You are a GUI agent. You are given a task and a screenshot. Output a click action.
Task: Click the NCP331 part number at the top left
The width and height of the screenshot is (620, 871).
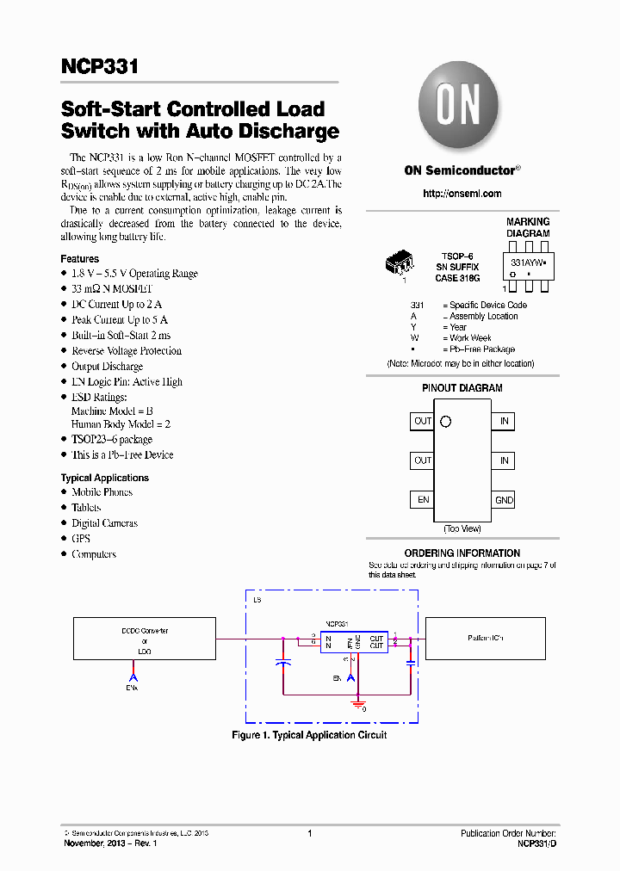tap(100, 67)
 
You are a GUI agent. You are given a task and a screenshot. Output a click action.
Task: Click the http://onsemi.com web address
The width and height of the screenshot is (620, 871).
tap(462, 194)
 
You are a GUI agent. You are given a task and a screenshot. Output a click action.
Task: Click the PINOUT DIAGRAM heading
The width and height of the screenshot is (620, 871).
tap(462, 388)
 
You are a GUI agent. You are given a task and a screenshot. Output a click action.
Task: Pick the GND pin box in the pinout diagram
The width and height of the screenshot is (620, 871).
tap(504, 500)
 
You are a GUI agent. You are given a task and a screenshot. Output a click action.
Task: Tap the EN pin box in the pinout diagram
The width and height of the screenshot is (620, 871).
tap(423, 499)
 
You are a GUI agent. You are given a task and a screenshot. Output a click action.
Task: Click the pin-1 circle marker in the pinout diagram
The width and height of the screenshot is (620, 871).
tap(445, 422)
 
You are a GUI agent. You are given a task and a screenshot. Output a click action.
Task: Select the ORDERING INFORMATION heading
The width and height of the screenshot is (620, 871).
tap(462, 553)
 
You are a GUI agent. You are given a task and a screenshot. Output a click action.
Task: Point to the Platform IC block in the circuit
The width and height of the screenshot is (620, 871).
tap(486, 639)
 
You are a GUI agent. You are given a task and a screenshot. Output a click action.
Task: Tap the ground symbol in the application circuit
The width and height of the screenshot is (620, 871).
tap(356, 704)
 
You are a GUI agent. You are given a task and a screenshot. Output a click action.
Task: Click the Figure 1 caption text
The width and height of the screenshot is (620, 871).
tap(309, 735)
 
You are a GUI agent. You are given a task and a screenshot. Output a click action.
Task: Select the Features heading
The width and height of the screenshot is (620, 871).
tap(80, 259)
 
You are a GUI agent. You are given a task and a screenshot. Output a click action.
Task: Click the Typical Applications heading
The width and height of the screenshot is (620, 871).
tap(104, 478)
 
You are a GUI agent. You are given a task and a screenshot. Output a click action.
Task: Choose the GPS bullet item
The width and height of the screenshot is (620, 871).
tap(81, 539)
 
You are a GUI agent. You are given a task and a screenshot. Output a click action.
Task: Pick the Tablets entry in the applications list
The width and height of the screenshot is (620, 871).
tap(86, 508)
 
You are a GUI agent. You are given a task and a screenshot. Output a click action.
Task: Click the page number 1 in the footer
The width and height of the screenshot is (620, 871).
tap(309, 833)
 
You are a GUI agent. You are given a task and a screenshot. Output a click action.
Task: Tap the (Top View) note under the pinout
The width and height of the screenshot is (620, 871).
tap(462, 528)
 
